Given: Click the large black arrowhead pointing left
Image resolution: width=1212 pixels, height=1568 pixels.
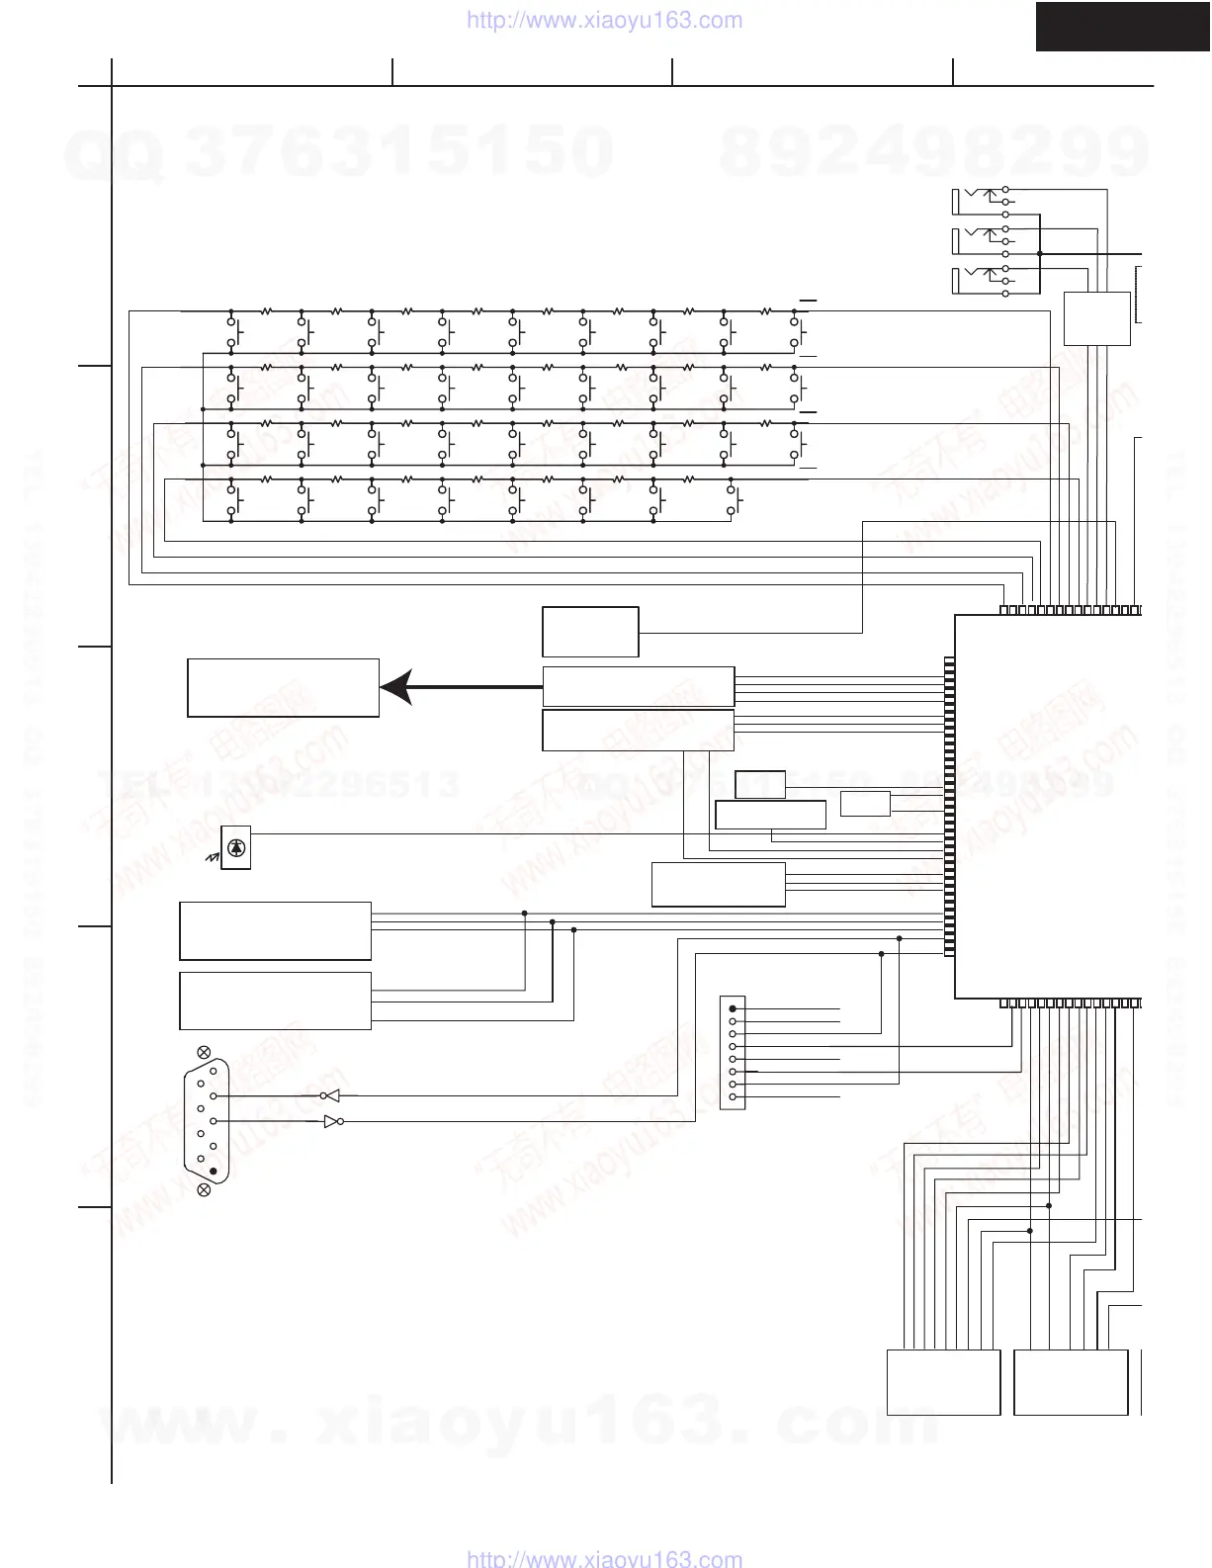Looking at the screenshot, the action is [394, 687].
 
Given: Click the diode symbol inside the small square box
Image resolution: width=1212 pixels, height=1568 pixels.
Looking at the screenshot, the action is [235, 847].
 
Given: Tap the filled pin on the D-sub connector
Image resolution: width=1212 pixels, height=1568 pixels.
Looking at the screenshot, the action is [213, 1171].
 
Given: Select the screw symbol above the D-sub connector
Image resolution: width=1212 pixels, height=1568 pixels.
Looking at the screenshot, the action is [205, 1051].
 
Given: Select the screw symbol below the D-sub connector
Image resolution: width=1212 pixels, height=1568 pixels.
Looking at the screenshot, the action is [205, 1189].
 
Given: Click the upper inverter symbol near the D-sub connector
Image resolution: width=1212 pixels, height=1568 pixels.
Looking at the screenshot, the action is [330, 1095].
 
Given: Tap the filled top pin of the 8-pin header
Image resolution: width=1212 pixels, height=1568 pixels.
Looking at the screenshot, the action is [733, 1008].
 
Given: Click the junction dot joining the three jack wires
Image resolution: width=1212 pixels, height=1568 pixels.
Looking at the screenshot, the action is [1040, 253].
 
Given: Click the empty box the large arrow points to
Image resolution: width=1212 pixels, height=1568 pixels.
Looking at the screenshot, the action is [283, 687].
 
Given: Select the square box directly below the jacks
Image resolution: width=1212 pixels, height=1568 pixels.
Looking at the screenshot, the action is [1096, 318].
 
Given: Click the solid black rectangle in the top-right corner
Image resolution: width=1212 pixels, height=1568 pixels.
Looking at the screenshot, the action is [1123, 26].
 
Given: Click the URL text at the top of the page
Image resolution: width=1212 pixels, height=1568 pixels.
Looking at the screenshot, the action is [603, 21].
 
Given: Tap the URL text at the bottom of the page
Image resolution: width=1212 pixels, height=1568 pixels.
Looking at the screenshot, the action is [603, 1558].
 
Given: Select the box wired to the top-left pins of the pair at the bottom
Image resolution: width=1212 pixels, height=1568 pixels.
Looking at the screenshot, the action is [943, 1382].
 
